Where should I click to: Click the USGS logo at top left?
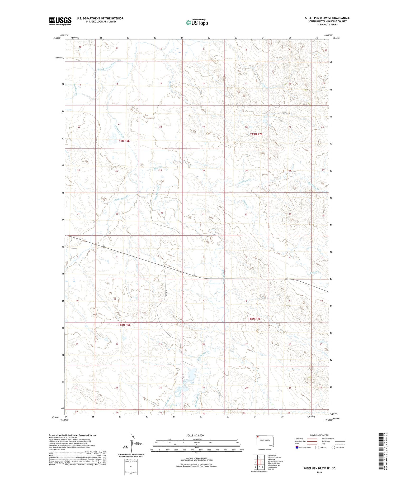pos(60,21)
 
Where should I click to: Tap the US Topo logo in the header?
pos(197,23)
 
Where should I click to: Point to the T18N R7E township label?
pos(254,319)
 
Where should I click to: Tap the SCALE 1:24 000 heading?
pos(195,435)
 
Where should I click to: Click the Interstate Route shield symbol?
pos(297,447)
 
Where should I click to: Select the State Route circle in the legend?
pos(333,447)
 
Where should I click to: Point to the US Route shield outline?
pos(317,447)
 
